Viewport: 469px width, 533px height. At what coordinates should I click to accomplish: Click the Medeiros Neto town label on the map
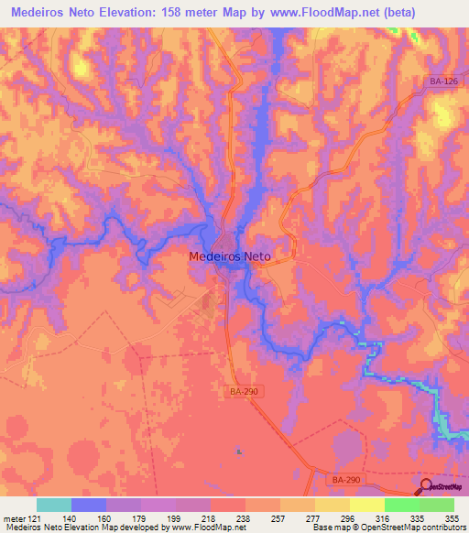(229, 258)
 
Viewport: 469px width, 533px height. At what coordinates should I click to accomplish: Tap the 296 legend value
(350, 518)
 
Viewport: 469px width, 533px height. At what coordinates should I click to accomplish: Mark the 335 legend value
(420, 518)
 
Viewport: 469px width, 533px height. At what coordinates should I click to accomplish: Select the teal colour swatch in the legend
(54, 505)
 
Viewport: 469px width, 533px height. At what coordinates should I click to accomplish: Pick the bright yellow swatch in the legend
(367, 505)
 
